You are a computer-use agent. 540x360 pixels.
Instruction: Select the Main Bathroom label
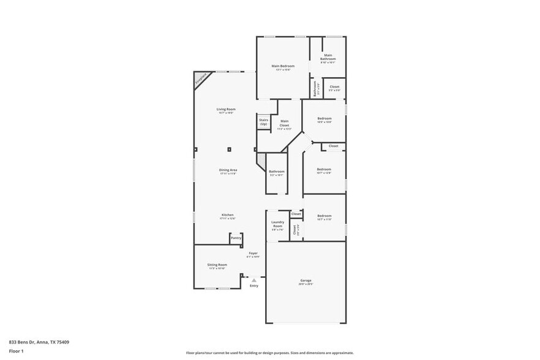328,58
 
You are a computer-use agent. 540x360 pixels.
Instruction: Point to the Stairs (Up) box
263,122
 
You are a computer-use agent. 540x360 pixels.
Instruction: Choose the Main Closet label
284,125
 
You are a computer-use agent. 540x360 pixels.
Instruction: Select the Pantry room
236,238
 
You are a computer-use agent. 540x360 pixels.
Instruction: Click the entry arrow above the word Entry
254,280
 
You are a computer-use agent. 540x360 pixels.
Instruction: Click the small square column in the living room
230,149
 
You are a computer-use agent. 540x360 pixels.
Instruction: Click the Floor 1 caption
16,351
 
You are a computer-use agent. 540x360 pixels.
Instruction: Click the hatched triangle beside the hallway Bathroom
261,162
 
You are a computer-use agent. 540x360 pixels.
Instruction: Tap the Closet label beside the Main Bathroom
334,87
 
